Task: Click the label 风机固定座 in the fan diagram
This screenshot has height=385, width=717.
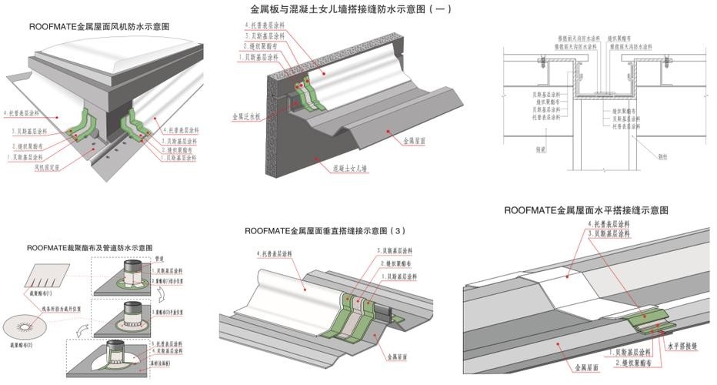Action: point(48,165)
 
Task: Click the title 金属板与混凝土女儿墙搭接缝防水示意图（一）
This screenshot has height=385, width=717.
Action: point(351,10)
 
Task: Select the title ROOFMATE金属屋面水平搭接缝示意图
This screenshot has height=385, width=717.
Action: point(585,209)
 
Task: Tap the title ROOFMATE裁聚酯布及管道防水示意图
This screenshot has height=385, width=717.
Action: point(90,248)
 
